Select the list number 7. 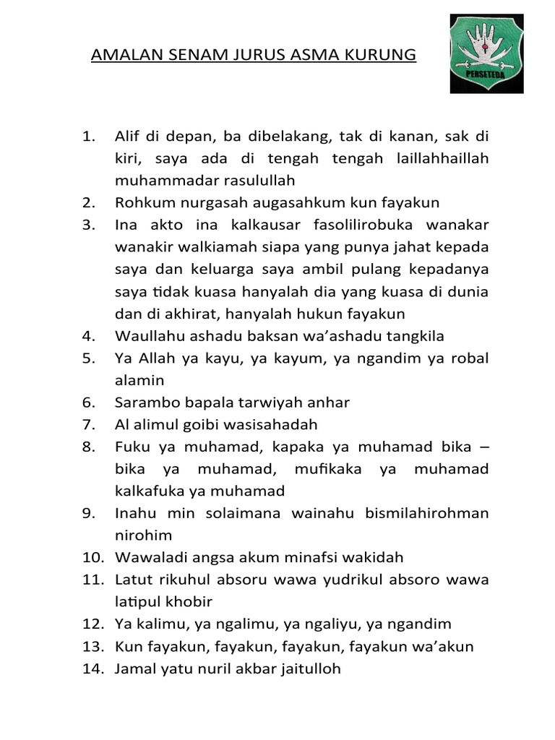pos(89,424)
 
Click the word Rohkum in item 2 pos(141,202)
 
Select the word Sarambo pos(145,402)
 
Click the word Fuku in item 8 pos(130,447)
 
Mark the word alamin pos(139,380)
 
